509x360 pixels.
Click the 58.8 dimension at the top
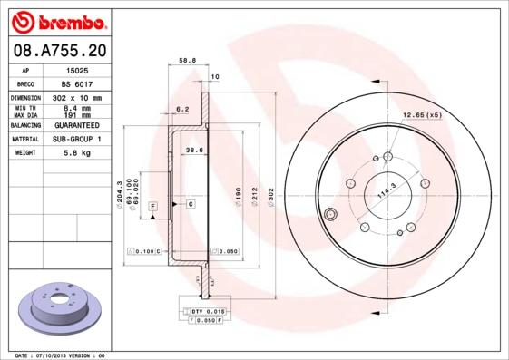[x=188, y=61]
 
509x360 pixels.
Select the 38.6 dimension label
[x=193, y=150]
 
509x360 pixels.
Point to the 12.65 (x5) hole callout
[x=421, y=115]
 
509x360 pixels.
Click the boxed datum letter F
[x=153, y=208]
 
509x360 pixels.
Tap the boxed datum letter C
[x=191, y=205]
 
